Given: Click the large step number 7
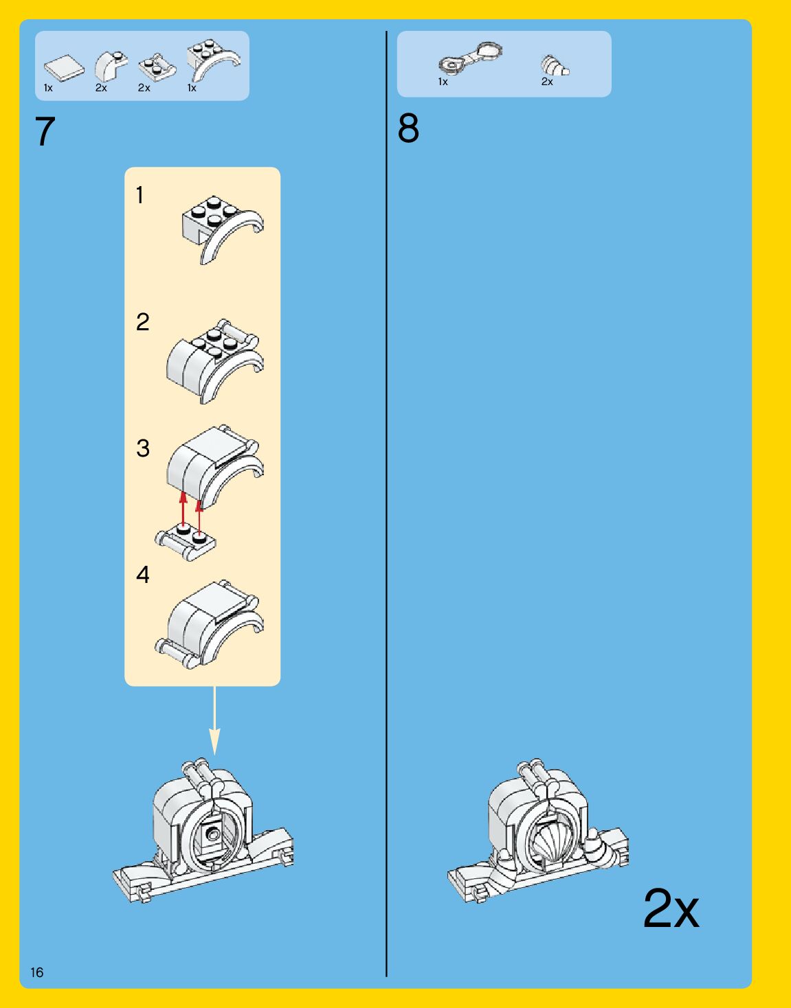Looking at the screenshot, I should click(45, 132).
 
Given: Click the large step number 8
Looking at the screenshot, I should click(408, 129).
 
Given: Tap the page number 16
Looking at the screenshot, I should click(36, 972).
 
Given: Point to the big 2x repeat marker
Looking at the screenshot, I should click(671, 909).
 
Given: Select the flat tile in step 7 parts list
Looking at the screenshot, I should click(63, 67).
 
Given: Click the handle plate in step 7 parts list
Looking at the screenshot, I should click(157, 67).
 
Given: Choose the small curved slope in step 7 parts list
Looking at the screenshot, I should click(110, 66).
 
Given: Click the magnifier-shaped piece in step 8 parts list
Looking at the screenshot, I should click(470, 59).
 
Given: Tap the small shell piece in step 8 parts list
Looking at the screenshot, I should click(554, 66).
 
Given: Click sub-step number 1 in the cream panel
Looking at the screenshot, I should click(140, 196).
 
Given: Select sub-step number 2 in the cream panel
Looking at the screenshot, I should click(142, 322).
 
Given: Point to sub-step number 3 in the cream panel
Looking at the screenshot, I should click(142, 448).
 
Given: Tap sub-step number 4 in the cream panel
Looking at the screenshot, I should click(142, 575).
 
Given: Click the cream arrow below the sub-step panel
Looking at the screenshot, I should click(214, 721).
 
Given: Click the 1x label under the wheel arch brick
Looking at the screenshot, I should click(192, 88).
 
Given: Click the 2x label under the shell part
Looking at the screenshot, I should click(547, 82).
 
